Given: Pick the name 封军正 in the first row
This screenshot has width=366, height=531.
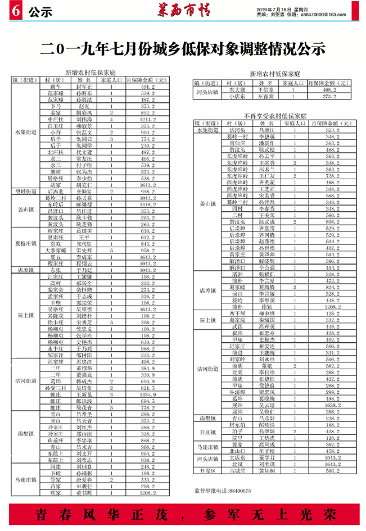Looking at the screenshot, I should [x=84, y=88].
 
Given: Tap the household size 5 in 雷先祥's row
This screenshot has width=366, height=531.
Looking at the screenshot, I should [x=112, y=250].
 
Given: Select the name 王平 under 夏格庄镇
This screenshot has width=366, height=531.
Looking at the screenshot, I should [x=84, y=237].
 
